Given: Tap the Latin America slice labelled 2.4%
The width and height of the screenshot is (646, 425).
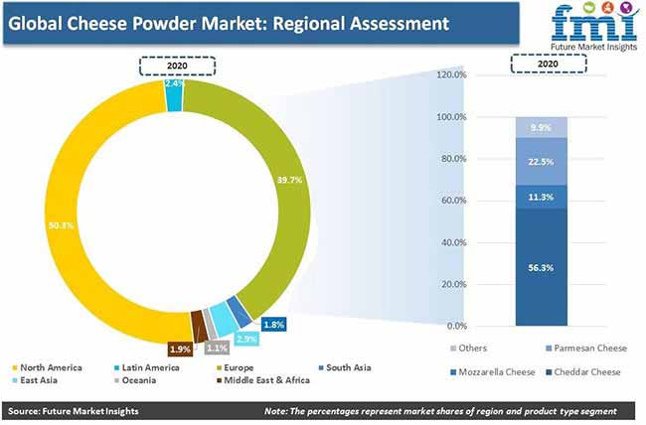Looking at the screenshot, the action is pyautogui.click(x=174, y=95).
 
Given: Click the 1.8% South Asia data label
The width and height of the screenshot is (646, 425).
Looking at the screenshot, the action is pyautogui.click(x=273, y=325).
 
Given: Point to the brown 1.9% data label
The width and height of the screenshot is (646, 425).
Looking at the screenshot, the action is pyautogui.click(x=180, y=350).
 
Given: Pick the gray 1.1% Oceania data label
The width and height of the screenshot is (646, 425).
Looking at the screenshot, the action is pyautogui.click(x=217, y=348).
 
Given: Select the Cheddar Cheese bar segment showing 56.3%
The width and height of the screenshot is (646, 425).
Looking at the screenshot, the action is pyautogui.click(x=541, y=267).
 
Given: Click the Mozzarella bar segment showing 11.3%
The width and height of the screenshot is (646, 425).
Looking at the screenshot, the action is pyautogui.click(x=541, y=197).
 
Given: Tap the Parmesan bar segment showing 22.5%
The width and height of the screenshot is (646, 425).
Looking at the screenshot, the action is pyautogui.click(x=541, y=162).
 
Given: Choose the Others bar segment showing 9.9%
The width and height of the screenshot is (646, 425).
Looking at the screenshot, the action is pyautogui.click(x=541, y=128).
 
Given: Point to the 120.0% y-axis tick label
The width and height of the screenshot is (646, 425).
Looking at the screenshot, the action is pyautogui.click(x=451, y=74).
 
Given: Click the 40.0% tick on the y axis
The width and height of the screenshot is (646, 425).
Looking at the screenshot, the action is pyautogui.click(x=453, y=242).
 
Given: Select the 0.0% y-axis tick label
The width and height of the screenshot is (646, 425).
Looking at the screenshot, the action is pyautogui.click(x=456, y=326).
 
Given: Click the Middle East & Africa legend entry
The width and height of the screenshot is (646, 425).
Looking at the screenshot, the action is pyautogui.click(x=263, y=380).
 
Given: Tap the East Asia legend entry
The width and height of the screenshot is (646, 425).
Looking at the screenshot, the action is pyautogui.click(x=35, y=380).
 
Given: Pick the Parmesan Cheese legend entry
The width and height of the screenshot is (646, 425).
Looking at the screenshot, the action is pyautogui.click(x=586, y=348).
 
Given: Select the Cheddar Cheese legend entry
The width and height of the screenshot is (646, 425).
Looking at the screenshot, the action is pyautogui.click(x=583, y=371).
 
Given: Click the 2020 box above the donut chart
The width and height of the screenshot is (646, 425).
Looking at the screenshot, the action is pyautogui.click(x=177, y=66).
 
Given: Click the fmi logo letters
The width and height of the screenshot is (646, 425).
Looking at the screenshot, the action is pyautogui.click(x=593, y=25).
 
